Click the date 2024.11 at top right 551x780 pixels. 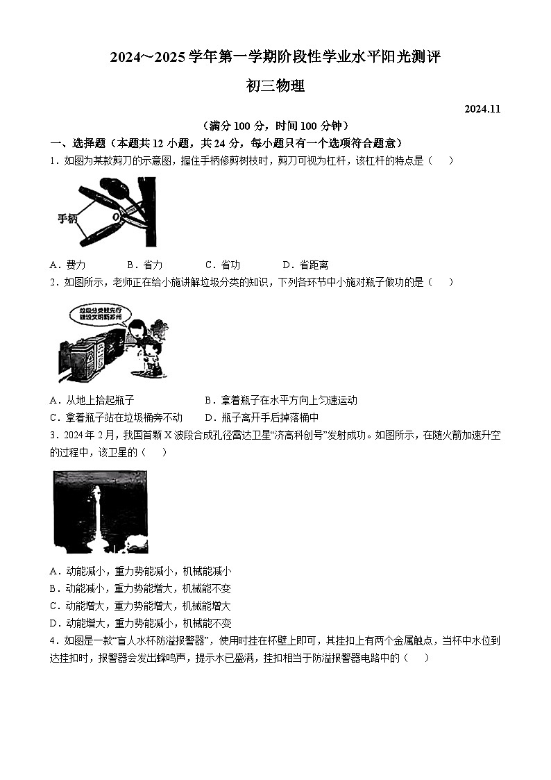pos(482,109)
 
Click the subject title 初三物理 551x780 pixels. pos(275,86)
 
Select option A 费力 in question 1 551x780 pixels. pos(68,265)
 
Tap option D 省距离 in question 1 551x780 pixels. pos(305,265)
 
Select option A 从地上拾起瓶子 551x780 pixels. pos(92,400)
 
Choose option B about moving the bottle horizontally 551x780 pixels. pos(281,400)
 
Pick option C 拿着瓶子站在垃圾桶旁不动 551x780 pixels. pos(116,417)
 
